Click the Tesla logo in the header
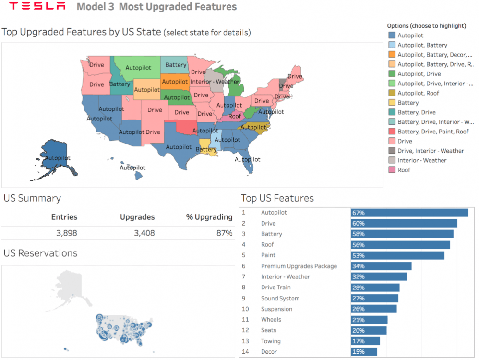(x=37, y=6)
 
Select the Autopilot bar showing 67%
(x=409, y=213)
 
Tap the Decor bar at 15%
(x=363, y=352)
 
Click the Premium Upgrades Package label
(x=299, y=266)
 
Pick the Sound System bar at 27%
(x=374, y=298)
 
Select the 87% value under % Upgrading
(x=224, y=233)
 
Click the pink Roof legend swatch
(x=392, y=170)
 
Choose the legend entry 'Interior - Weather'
(x=422, y=160)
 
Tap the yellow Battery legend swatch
(x=392, y=103)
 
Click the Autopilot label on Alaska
(x=57, y=158)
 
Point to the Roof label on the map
(x=235, y=116)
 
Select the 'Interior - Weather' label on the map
(x=215, y=81)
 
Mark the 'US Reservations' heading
(x=40, y=253)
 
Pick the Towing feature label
(x=271, y=341)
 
